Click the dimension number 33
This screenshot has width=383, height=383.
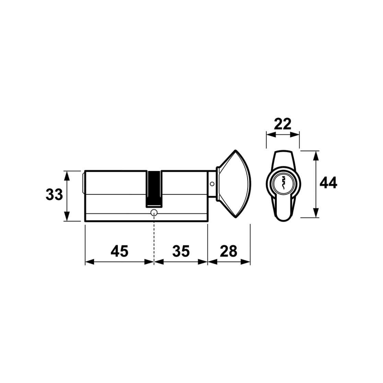pos(54,195)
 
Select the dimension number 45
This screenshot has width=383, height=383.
pos(119,251)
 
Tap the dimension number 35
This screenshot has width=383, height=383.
pos(181,251)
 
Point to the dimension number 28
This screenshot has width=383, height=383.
pos(228,251)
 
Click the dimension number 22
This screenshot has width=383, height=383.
pos(282,124)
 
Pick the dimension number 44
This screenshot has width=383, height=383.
pos(328,182)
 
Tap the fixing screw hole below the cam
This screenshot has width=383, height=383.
pos(154,212)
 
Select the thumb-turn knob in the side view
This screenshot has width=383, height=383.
pos(233,184)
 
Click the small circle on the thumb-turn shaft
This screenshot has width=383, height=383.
pos(212,184)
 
